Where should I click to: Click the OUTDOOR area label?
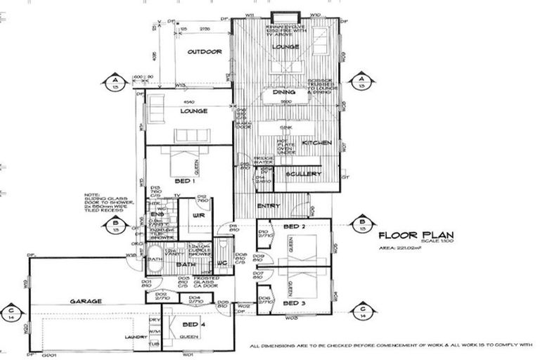205,52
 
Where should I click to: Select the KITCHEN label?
312,143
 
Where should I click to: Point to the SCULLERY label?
304,174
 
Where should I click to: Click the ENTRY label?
269,206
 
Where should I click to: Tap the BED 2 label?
293,228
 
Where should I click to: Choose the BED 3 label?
293,302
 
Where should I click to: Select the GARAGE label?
87,301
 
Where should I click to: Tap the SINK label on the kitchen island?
285,128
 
